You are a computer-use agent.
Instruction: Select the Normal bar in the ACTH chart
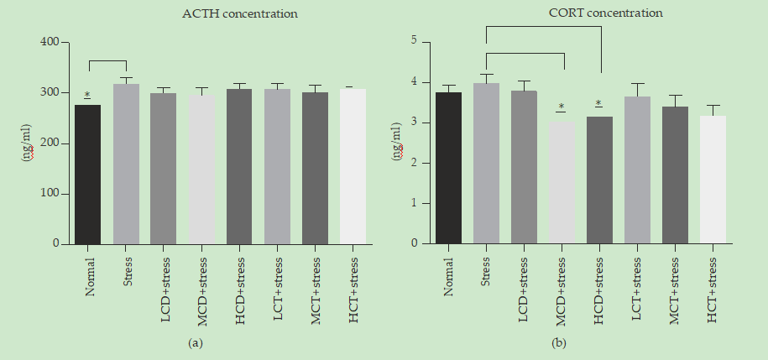click(88, 175)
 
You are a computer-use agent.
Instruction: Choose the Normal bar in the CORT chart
click(448, 168)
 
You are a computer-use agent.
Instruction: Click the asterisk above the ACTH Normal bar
click(87, 95)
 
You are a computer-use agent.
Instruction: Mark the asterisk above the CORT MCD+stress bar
click(561, 107)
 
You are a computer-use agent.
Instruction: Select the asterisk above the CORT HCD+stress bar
click(598, 103)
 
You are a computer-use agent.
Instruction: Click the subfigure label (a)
click(196, 343)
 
